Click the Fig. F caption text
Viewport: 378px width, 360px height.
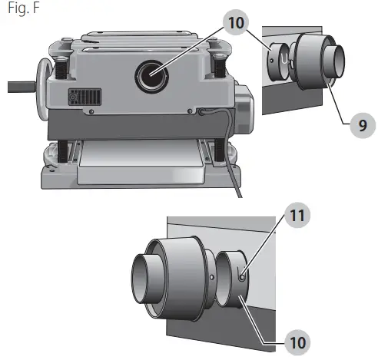coord(24,8)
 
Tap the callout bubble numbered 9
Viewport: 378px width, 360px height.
coord(363,125)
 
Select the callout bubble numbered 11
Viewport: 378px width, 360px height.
coord(297,215)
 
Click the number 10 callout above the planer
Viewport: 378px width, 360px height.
coord(236,22)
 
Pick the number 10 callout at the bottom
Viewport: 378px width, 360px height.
coord(297,342)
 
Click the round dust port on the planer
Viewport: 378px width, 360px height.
coord(151,77)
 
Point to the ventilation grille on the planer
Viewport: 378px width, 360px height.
coord(85,97)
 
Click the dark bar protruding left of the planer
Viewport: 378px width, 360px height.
coord(22,87)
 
